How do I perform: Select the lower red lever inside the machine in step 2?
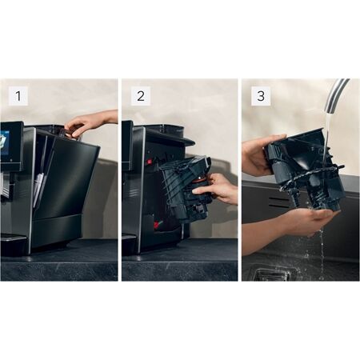click(x=159, y=220)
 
